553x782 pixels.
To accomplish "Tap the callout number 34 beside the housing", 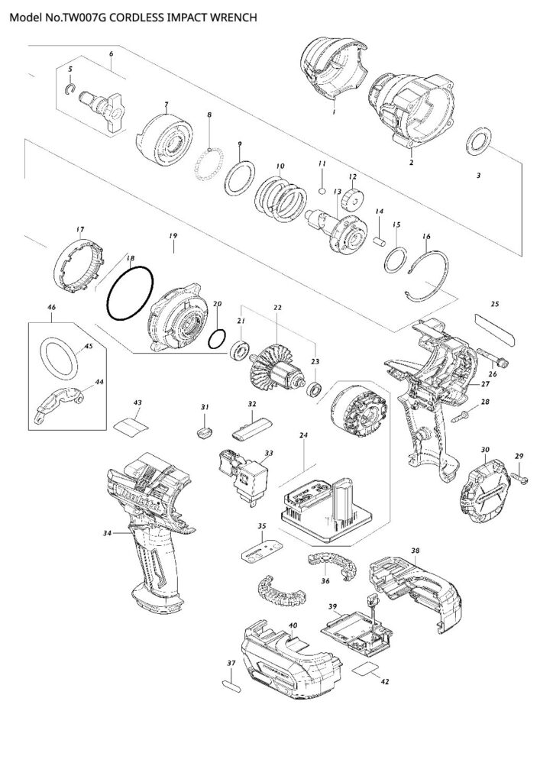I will [x=108, y=532].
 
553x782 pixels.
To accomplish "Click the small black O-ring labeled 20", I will [x=217, y=338].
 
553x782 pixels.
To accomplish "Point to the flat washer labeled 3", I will [x=480, y=141].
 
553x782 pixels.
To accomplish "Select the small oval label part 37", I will [x=231, y=684].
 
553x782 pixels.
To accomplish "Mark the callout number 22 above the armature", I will [x=277, y=308].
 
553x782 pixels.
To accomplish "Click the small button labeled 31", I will [x=205, y=433].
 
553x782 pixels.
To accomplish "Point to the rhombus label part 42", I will [x=368, y=670].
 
